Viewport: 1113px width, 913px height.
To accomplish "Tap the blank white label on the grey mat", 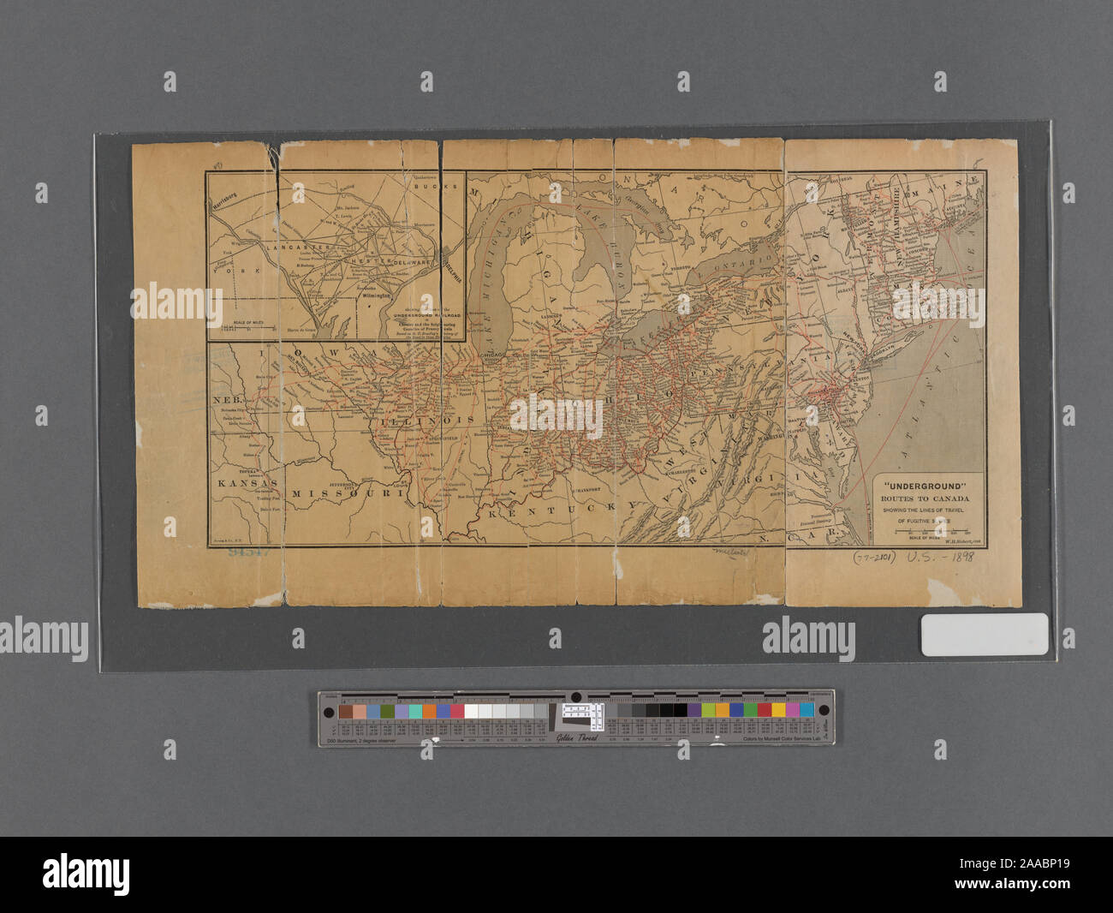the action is pyautogui.click(x=984, y=635).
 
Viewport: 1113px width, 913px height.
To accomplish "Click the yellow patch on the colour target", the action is pyautogui.click(x=778, y=710).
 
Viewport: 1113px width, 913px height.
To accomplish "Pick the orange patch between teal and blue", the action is pyautogui.click(x=429, y=711).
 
